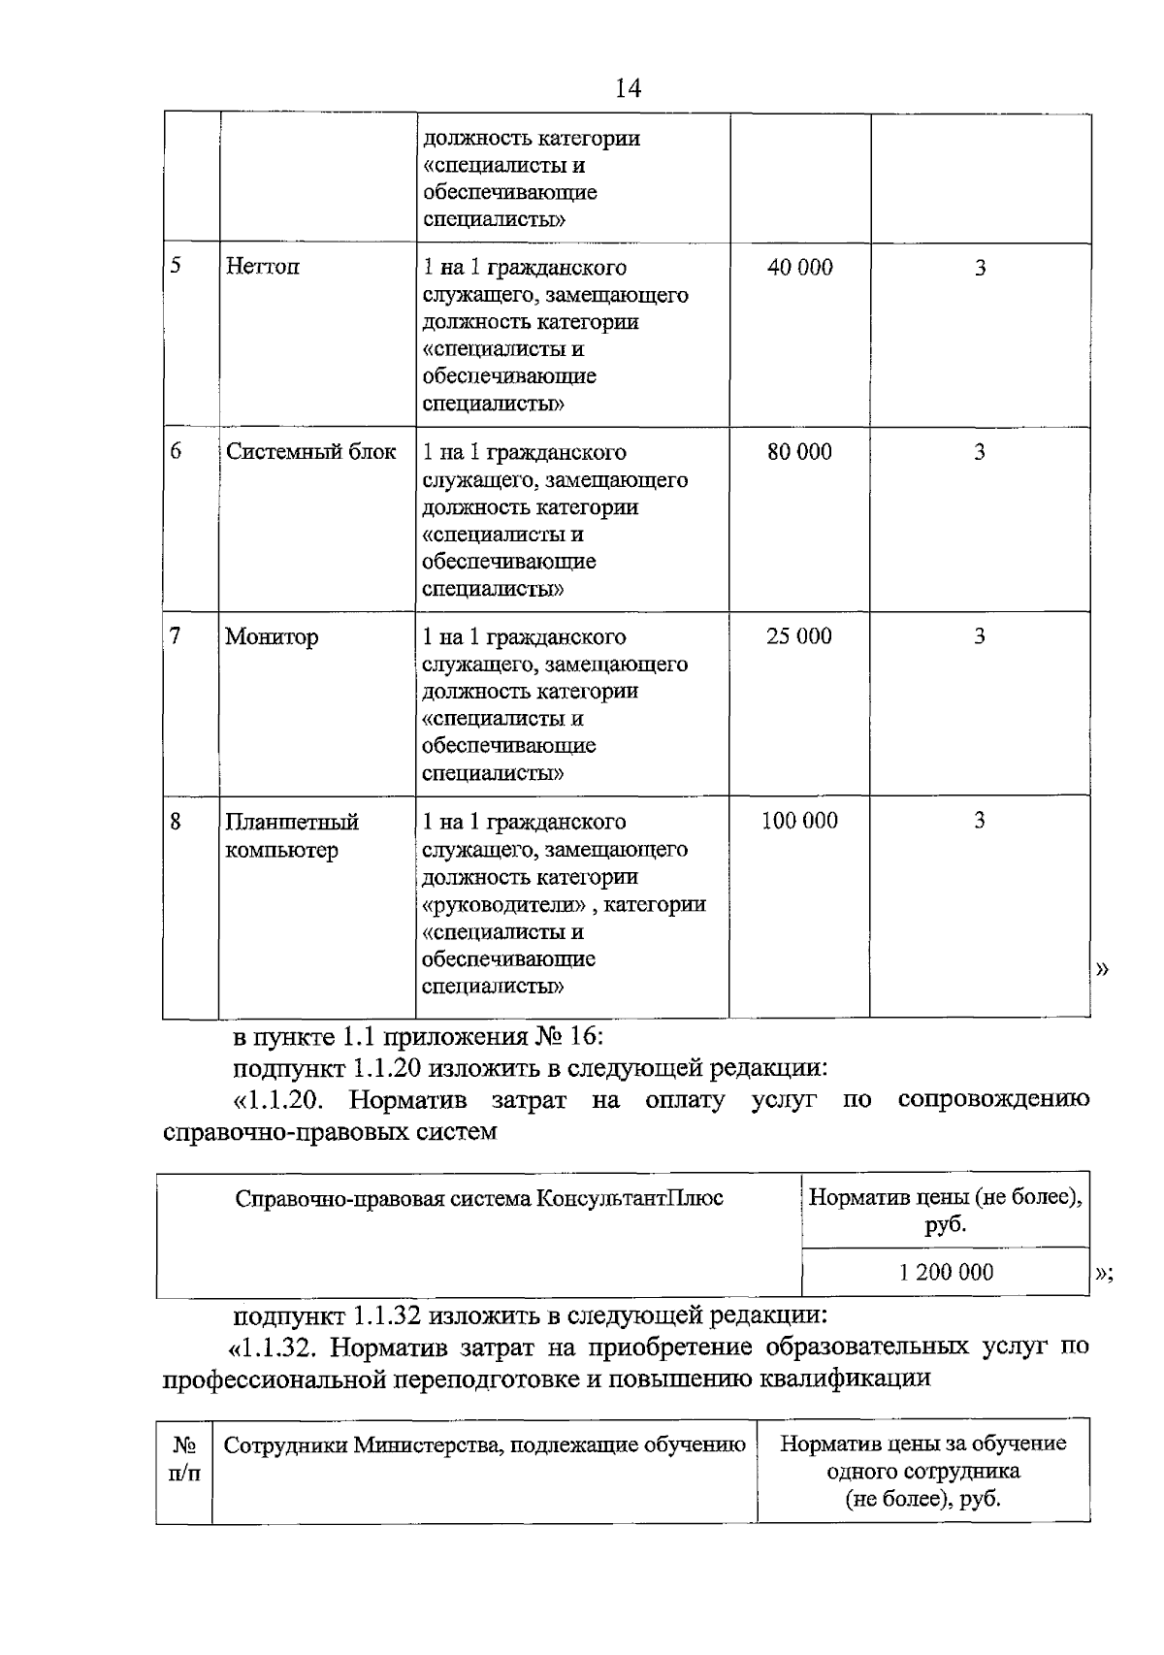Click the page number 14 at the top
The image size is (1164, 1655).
[628, 89]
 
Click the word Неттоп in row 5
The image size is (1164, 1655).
[262, 267]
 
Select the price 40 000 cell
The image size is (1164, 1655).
[799, 268]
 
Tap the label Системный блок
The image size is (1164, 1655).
[310, 452]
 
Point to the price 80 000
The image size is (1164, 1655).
[799, 452]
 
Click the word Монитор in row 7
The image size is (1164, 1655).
[272, 637]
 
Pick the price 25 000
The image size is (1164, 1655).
[799, 636]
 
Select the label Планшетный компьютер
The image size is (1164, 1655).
[292, 836]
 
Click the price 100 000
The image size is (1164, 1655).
[799, 821]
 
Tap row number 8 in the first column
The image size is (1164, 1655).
[176, 822]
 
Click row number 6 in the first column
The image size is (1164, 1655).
[176, 452]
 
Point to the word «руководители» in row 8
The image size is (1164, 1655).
[504, 904]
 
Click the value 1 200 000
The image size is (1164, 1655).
[946, 1272]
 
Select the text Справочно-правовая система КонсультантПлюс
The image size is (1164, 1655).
[479, 1198]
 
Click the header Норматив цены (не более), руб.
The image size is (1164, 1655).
[946, 1211]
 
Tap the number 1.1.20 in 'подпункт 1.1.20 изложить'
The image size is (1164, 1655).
[385, 1069]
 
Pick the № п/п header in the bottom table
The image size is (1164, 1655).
[184, 1458]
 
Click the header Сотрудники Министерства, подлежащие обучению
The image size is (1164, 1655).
[484, 1444]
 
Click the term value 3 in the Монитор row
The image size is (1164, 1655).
[980, 636]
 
